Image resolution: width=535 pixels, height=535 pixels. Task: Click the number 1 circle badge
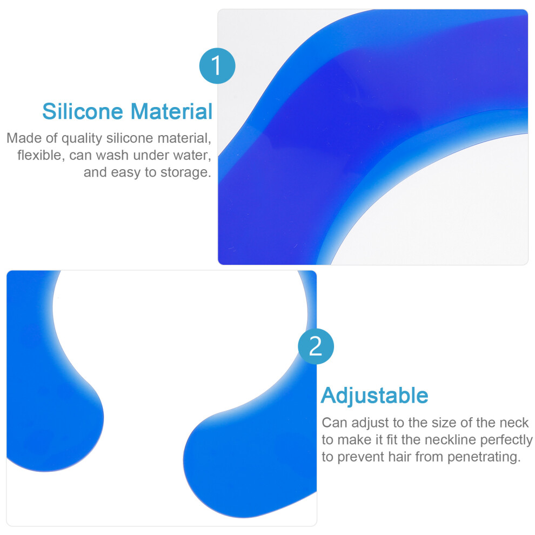click(217, 66)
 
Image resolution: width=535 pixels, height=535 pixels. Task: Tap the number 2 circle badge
click(316, 346)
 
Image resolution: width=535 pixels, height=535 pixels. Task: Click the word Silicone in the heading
click(83, 111)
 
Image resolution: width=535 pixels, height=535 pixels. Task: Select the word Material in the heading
click(172, 111)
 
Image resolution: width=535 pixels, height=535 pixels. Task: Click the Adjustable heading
click(374, 396)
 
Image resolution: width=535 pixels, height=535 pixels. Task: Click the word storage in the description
click(185, 172)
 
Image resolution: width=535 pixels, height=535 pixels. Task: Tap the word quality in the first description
click(82, 138)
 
